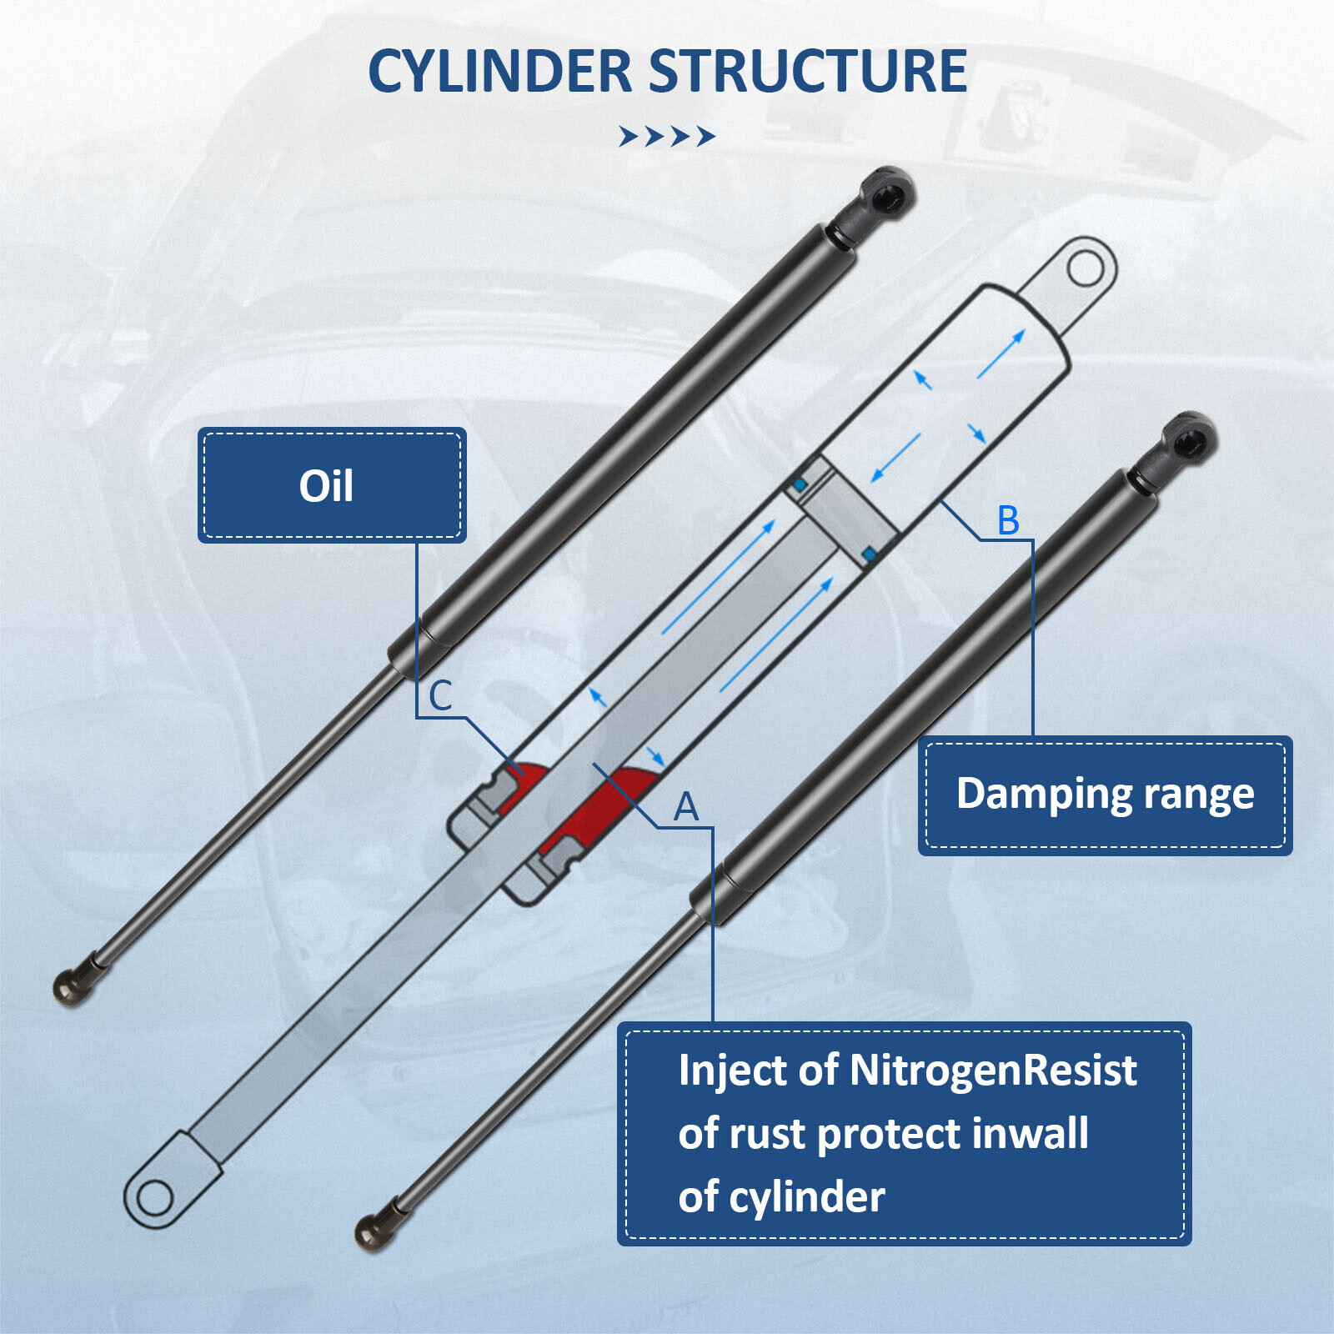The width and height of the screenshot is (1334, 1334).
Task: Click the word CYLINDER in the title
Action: [x=499, y=72]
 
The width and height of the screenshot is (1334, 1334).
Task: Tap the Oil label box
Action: [x=331, y=485]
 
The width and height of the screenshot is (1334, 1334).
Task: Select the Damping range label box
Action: [x=1105, y=795]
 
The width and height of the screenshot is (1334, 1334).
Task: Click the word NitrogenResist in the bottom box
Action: [x=992, y=1071]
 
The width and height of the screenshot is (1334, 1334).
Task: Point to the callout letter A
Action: [x=685, y=807]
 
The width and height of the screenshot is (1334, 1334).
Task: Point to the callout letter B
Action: [x=1008, y=521]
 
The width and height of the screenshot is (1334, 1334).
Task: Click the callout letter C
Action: [x=440, y=696]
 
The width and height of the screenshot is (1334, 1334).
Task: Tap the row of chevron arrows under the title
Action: [x=667, y=136]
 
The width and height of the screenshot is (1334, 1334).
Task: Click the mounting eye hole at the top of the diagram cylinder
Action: [x=1084, y=268]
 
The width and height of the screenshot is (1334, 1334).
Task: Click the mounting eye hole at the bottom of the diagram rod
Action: [x=154, y=1199]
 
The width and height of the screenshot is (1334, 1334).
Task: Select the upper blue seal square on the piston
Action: [x=800, y=484]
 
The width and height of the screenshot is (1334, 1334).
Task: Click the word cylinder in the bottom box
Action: [x=806, y=1197]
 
